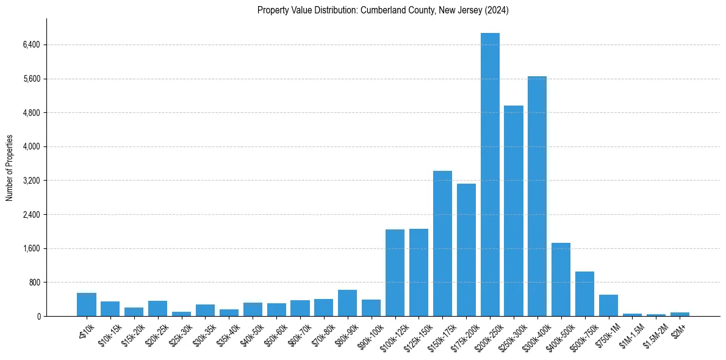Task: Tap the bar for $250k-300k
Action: tap(514, 211)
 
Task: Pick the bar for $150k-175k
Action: tap(442, 243)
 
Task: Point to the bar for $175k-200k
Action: tap(466, 250)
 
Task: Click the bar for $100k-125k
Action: tap(395, 273)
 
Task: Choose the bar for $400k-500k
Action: tap(561, 279)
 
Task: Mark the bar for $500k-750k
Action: tap(584, 294)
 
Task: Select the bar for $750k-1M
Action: tap(608, 306)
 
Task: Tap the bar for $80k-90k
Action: tap(347, 303)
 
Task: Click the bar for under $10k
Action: tap(87, 304)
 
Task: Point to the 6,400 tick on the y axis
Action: tap(31, 45)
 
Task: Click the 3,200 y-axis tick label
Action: tap(31, 181)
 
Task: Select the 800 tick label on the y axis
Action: tap(33, 283)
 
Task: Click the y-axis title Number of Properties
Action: tap(10, 167)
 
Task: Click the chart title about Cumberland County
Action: tap(383, 10)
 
